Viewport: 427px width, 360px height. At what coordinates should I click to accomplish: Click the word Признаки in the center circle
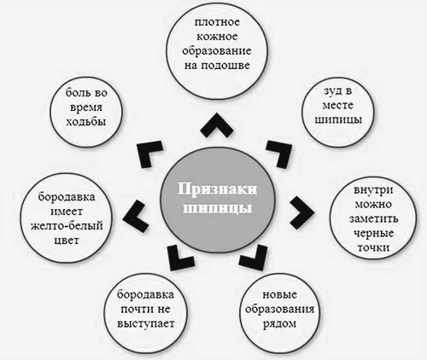click(217, 189)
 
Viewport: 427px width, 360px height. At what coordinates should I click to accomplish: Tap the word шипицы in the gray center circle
click(218, 208)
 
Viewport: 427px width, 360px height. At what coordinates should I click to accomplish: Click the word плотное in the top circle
click(217, 22)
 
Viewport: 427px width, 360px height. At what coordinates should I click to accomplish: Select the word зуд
click(330, 92)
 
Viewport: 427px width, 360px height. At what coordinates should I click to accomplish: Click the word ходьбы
click(86, 122)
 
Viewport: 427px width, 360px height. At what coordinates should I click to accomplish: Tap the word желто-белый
click(67, 226)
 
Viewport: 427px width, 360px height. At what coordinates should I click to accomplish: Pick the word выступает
click(146, 324)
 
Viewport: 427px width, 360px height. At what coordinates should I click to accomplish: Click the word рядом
click(279, 324)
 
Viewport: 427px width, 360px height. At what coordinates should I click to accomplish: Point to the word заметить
click(373, 218)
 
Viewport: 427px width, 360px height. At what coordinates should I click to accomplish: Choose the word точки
click(373, 247)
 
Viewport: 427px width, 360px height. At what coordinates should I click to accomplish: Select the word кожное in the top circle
click(217, 37)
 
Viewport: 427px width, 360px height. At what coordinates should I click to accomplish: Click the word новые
click(280, 295)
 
